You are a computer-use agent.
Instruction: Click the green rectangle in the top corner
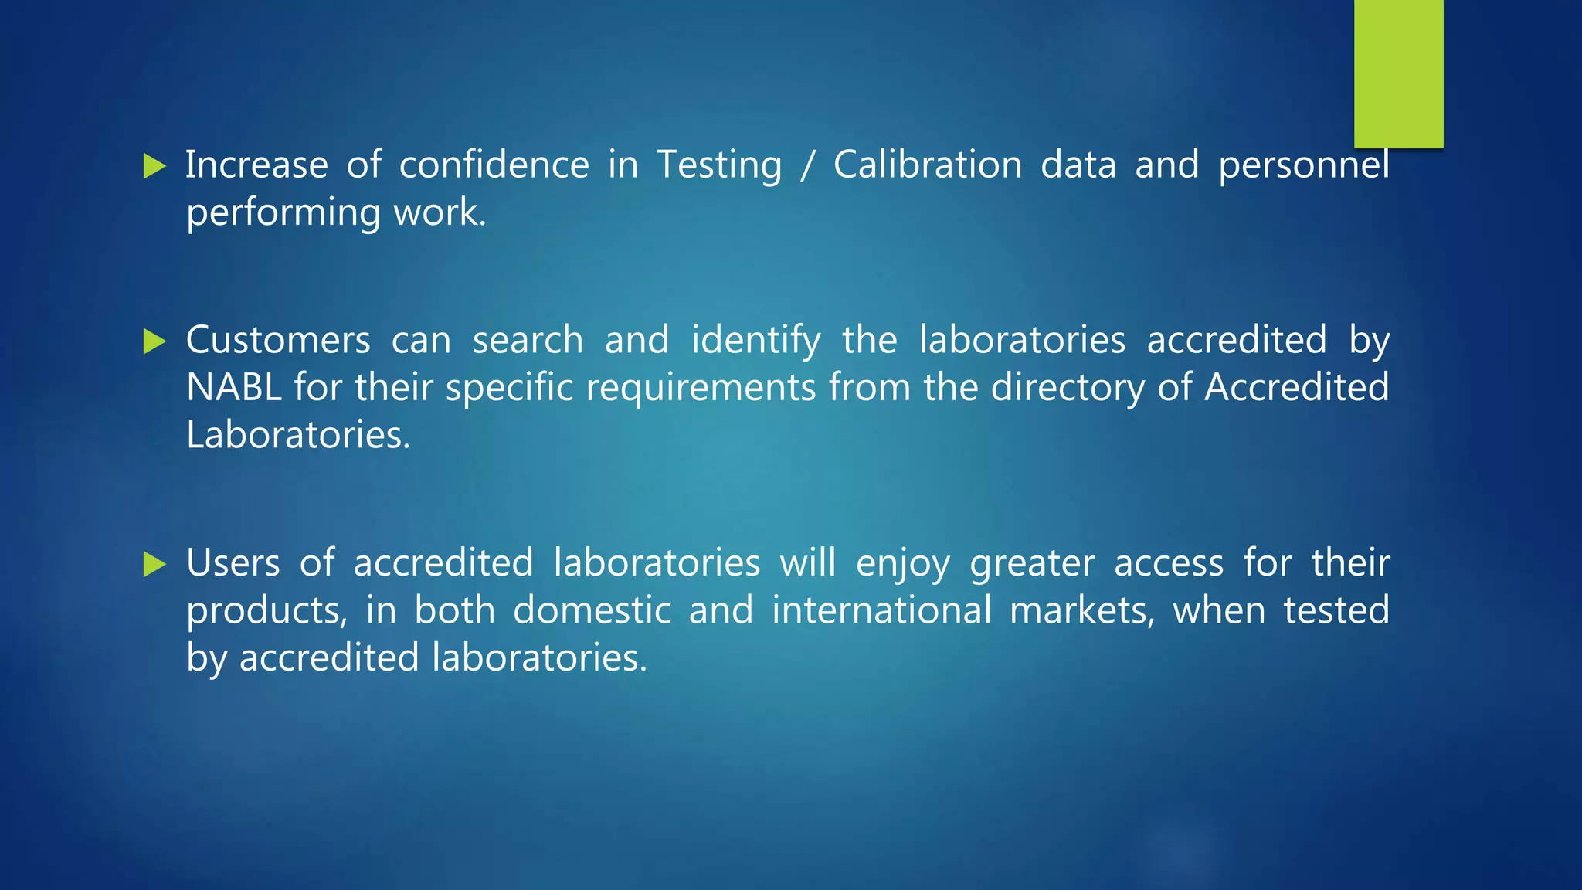click(1398, 73)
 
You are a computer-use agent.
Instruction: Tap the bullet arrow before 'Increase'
click(154, 166)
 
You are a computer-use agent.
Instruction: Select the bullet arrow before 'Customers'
click(154, 341)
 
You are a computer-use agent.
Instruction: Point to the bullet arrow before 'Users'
click(154, 564)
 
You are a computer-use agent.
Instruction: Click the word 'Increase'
click(256, 165)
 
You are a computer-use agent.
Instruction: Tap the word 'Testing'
click(719, 165)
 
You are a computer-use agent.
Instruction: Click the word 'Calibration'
click(928, 165)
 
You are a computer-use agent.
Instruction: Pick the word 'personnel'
click(1304, 165)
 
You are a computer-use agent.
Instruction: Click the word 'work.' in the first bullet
click(440, 212)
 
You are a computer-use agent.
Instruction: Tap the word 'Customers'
click(278, 341)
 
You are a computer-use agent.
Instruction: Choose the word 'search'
click(528, 341)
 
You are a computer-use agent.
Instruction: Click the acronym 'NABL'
click(233, 388)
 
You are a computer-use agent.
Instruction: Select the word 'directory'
click(1068, 388)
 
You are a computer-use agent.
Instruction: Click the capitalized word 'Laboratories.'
click(298, 435)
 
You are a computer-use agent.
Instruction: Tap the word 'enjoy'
click(903, 564)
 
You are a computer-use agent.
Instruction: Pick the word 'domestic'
click(592, 611)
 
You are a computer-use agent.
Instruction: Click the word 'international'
click(881, 611)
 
